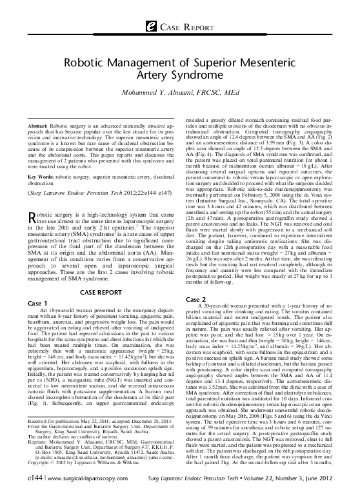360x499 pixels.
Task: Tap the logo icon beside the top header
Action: pos(152,25)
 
